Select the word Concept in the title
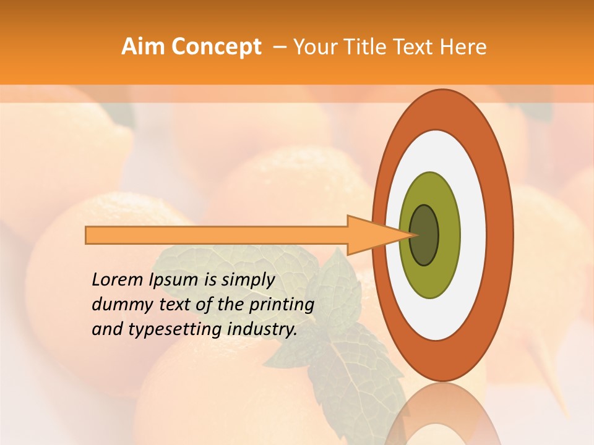(x=216, y=47)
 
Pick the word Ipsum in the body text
(x=175, y=280)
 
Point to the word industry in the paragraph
(x=262, y=329)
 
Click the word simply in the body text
(x=247, y=280)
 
